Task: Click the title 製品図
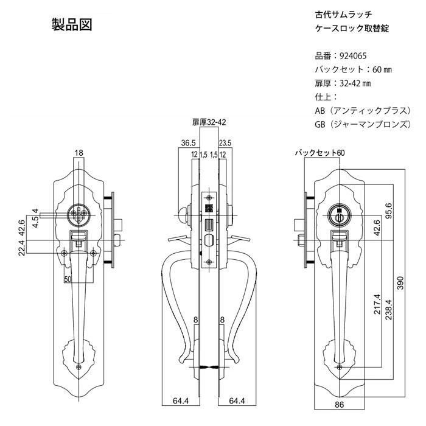tap(72, 24)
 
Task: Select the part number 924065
tap(353, 56)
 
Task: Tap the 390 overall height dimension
tap(400, 283)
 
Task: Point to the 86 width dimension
tap(340, 405)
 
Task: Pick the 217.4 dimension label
tap(377, 304)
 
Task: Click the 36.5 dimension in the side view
tap(188, 143)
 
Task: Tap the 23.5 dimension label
tap(225, 143)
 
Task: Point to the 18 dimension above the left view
tap(79, 153)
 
